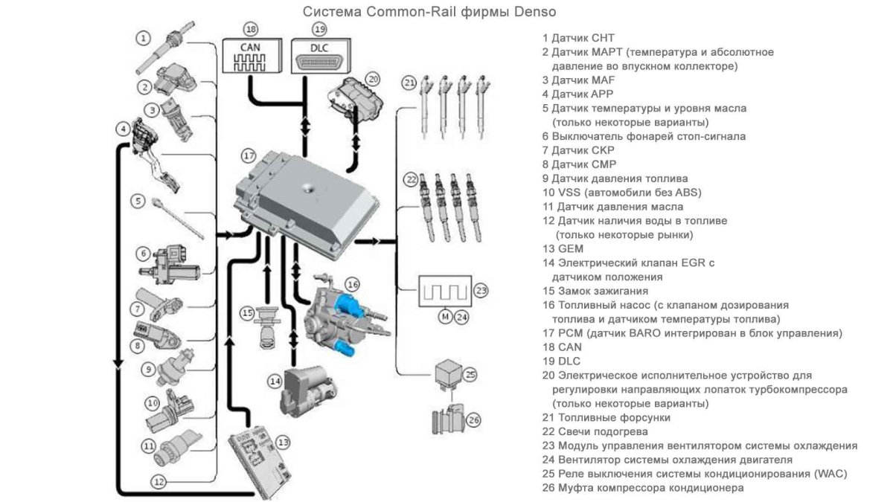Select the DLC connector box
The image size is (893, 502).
[319, 57]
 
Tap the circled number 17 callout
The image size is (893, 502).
[249, 156]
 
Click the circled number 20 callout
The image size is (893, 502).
[373, 77]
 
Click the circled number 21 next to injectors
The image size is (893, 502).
[408, 83]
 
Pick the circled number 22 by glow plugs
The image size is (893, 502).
[410, 179]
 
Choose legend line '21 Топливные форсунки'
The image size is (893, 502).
[606, 417]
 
